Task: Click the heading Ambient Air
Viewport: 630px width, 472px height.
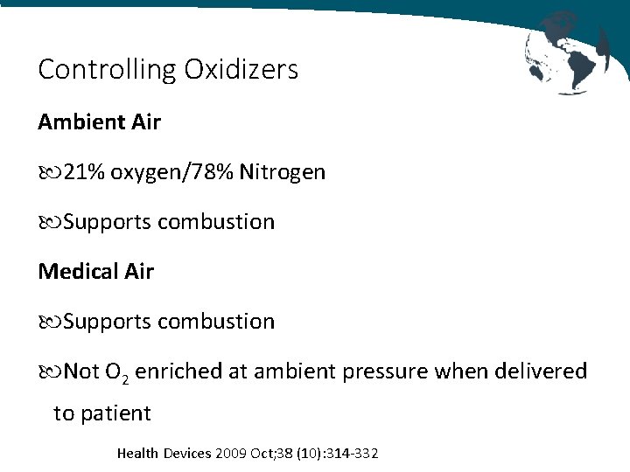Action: click(99, 122)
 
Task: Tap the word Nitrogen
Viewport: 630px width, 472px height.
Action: click(288, 172)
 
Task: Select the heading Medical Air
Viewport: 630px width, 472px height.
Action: click(95, 272)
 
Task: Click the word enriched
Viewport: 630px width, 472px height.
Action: click(179, 371)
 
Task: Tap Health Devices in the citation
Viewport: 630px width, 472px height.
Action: click(164, 454)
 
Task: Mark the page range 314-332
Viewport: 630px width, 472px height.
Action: click(351, 454)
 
